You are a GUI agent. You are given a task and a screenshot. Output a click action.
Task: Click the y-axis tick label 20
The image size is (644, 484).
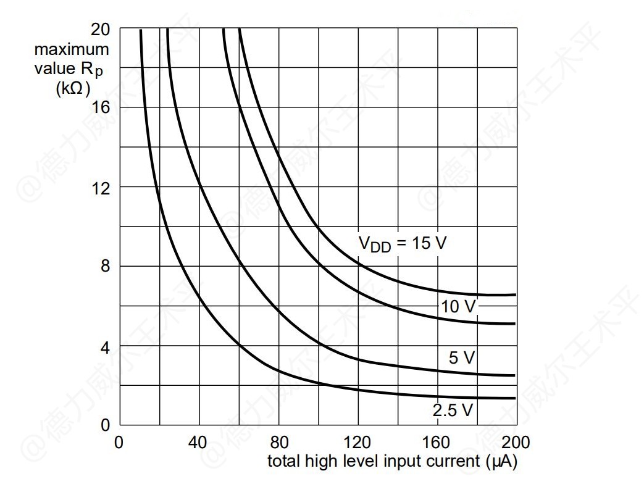[x=100, y=30]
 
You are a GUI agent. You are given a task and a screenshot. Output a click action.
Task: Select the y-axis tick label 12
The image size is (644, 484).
[x=100, y=188]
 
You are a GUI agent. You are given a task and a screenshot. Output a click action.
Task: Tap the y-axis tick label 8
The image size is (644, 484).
[x=105, y=267]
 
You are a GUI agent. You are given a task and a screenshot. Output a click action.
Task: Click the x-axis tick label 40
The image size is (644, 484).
[x=198, y=442]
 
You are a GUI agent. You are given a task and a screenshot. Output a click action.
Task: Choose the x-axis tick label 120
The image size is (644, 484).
[x=358, y=442]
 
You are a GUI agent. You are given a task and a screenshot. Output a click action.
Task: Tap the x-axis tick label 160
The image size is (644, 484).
[x=437, y=442]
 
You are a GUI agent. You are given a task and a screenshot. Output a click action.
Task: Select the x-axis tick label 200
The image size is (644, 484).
[x=516, y=442]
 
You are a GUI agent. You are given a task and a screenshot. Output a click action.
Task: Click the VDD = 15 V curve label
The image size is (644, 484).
[x=402, y=243]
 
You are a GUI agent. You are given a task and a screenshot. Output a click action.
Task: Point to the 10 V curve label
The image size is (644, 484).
[x=458, y=306]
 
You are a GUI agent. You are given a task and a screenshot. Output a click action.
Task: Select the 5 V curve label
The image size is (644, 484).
[x=461, y=357]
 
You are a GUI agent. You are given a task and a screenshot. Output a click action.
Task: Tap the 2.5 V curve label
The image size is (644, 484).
[x=453, y=409]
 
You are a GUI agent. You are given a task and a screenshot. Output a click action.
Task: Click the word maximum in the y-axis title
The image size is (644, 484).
[x=71, y=49]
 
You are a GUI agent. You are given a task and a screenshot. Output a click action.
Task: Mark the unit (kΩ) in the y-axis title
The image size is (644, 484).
[x=73, y=88]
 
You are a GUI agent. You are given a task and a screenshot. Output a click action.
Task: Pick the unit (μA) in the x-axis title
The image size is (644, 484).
[x=501, y=461]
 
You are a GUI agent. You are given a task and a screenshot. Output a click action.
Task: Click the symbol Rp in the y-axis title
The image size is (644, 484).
[x=93, y=69]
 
